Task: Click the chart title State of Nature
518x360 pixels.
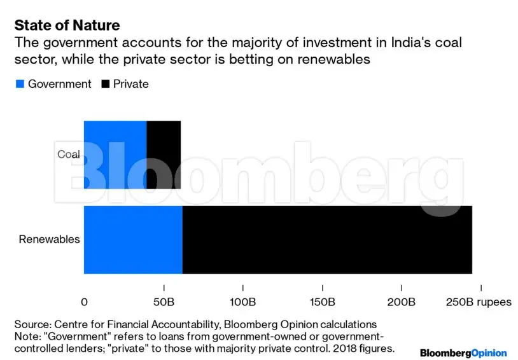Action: [67, 25]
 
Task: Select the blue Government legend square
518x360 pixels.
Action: [19, 84]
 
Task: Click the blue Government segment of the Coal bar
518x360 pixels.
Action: [115, 155]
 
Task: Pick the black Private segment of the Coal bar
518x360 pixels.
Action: [164, 155]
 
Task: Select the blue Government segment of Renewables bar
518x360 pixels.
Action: [133, 240]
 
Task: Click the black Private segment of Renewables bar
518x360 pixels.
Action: [327, 240]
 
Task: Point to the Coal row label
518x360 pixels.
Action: [69, 155]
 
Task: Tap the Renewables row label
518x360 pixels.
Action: [49, 240]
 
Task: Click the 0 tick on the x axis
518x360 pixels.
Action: [85, 301]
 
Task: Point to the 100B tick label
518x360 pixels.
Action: [242, 301]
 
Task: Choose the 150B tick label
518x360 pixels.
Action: [322, 301]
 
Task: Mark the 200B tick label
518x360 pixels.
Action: [401, 301]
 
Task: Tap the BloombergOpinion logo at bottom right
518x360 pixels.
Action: [463, 352]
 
